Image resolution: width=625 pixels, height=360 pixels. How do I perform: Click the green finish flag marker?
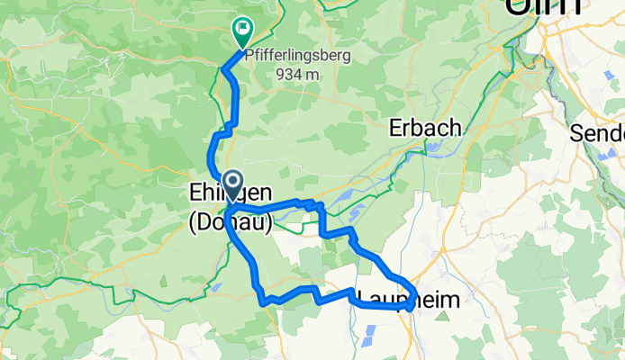pos(242,30)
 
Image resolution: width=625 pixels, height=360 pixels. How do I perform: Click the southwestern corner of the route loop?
pos(264,302)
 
